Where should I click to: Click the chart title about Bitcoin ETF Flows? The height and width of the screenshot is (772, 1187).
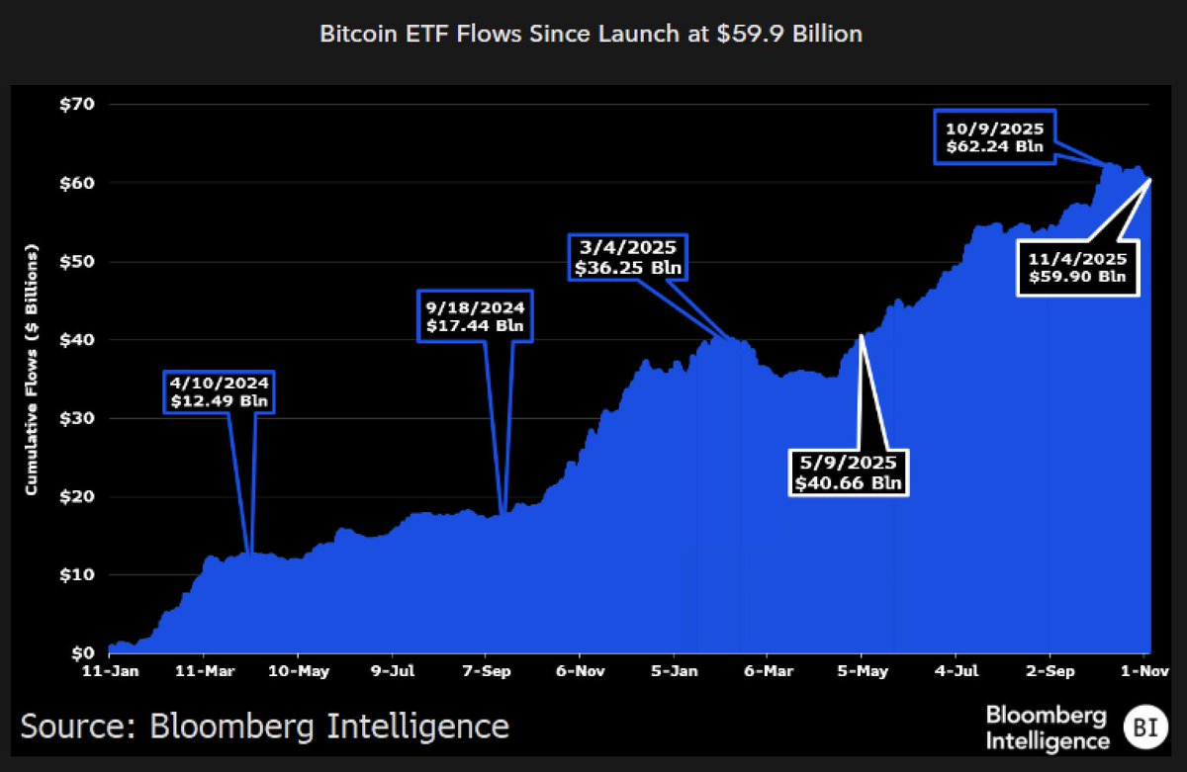tap(591, 34)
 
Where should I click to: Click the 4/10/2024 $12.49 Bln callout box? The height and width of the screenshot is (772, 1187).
tap(218, 392)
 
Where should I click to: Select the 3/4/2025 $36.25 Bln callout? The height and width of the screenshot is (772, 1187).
tap(628, 257)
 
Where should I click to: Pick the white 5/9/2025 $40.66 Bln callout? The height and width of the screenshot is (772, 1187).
tap(849, 474)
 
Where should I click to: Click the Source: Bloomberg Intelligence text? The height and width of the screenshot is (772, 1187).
tap(265, 727)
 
